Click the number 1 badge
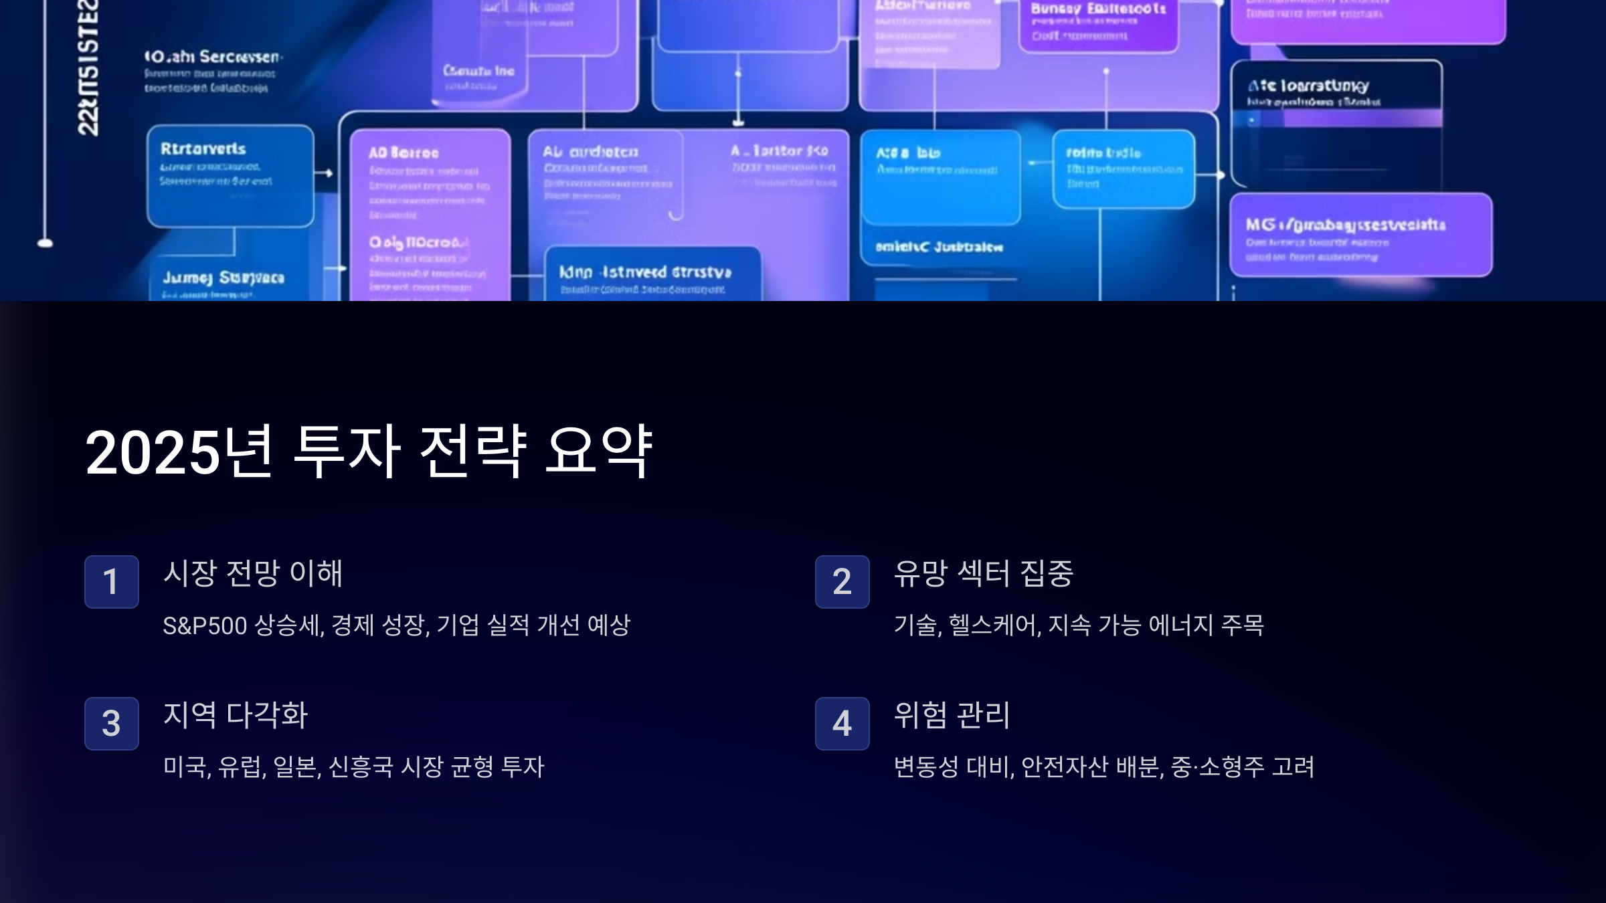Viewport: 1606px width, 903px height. click(111, 581)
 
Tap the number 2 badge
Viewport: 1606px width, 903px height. click(842, 581)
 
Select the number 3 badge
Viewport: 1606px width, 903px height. click(111, 723)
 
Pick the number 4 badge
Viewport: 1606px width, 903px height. click(842, 723)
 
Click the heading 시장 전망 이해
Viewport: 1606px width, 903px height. click(253, 573)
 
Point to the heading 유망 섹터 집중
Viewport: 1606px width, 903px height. click(984, 573)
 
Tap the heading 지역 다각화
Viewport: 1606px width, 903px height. click(236, 715)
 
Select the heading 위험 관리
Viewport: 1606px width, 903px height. click(952, 715)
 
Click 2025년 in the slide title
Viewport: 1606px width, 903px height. click(179, 452)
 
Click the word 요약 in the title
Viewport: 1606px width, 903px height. click(599, 452)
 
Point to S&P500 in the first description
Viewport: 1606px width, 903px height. click(205, 625)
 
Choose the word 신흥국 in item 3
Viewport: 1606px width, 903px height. click(361, 767)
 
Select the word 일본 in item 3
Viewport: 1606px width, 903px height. click(296, 767)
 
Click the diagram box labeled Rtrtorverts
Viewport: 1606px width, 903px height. click(230, 176)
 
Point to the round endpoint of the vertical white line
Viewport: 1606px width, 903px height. click(45, 243)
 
